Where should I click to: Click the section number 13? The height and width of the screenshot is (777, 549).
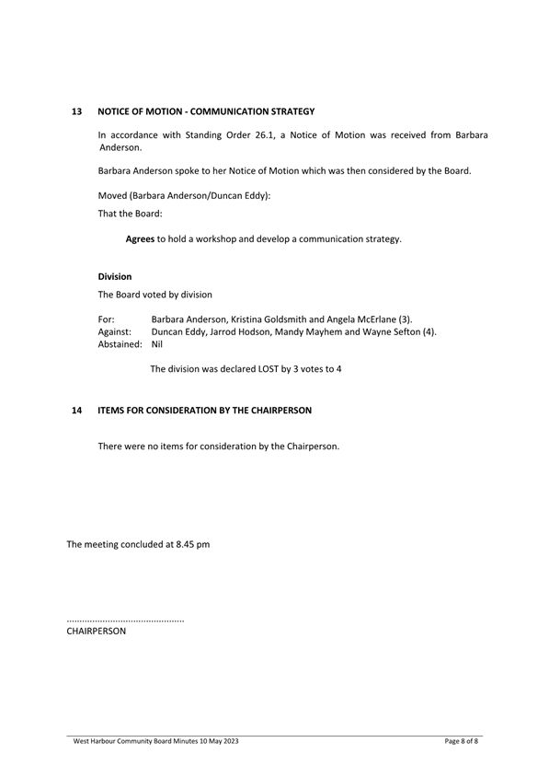point(77,111)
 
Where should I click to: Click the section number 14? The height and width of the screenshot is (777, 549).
point(77,409)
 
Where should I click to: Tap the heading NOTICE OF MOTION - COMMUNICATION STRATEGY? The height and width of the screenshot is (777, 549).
point(206,111)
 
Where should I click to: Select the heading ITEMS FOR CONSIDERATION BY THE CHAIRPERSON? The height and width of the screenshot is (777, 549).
point(205,409)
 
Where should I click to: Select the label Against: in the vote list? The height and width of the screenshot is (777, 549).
point(115,331)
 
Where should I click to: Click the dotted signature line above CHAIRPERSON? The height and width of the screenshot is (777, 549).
point(125,621)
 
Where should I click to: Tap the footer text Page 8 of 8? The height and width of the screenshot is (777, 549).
point(462,741)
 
